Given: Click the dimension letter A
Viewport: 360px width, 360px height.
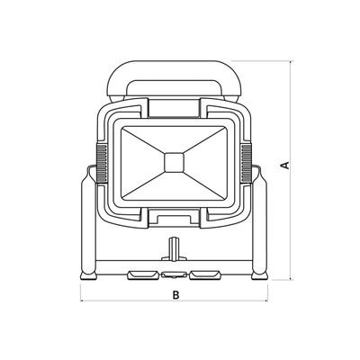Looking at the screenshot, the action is (285, 165).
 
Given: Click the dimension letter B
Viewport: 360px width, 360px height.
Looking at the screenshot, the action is (175, 294).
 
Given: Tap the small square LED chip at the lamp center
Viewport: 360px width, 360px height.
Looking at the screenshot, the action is (175, 163).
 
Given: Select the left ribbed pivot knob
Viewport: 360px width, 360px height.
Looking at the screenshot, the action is (102, 163).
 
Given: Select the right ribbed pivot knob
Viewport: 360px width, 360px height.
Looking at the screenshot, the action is (247, 163).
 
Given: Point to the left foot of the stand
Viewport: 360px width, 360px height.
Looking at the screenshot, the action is (88, 275).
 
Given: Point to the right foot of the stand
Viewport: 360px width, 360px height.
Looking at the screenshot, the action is (260, 275).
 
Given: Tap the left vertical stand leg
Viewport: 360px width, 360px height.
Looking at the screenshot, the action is (89, 222).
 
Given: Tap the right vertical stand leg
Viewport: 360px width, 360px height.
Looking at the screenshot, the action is (259, 222).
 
